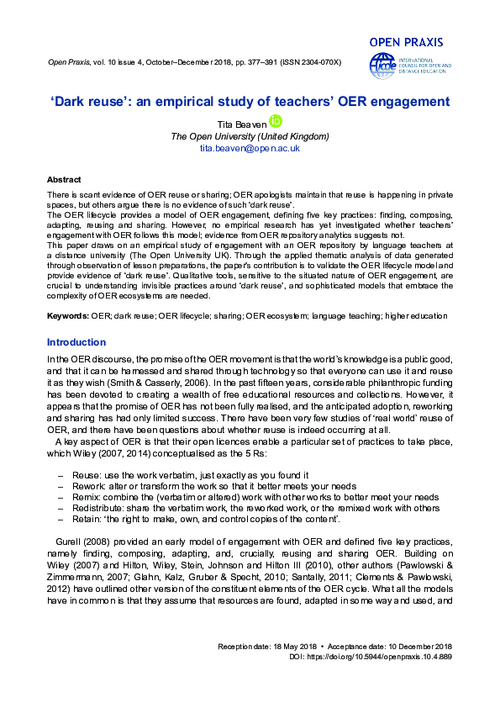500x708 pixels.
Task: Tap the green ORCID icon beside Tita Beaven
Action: click(x=274, y=121)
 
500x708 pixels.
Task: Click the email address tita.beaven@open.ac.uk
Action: click(x=250, y=147)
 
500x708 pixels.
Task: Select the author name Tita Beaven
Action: click(x=242, y=123)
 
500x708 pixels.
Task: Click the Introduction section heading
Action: click(x=76, y=342)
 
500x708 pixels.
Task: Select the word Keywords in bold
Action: click(x=67, y=315)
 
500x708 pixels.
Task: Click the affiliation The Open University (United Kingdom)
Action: click(x=250, y=135)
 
